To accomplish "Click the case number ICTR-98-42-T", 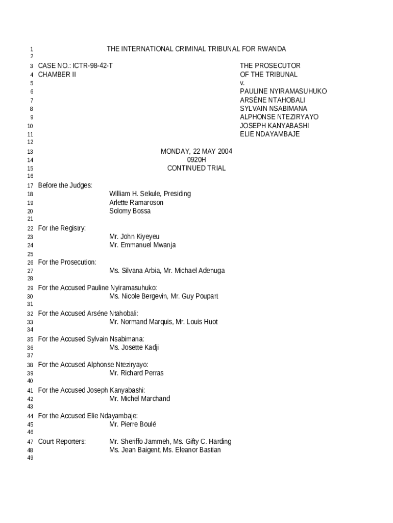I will (x=93, y=66).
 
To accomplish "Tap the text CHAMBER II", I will (x=57, y=75).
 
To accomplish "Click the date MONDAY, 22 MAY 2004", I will (x=196, y=151).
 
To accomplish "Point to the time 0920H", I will (x=196, y=160).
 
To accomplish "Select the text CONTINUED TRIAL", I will (x=196, y=168).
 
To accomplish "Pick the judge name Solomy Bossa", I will (x=130, y=211).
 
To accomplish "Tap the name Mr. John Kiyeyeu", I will (x=134, y=236).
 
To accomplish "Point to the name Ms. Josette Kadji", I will (x=134, y=348).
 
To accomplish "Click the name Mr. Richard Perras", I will (x=136, y=373).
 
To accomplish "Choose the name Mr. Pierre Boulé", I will (x=133, y=424).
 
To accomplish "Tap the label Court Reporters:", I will (x=62, y=441).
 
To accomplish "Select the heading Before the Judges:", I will (x=65, y=185).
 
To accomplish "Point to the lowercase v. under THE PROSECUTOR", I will (x=242, y=83).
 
